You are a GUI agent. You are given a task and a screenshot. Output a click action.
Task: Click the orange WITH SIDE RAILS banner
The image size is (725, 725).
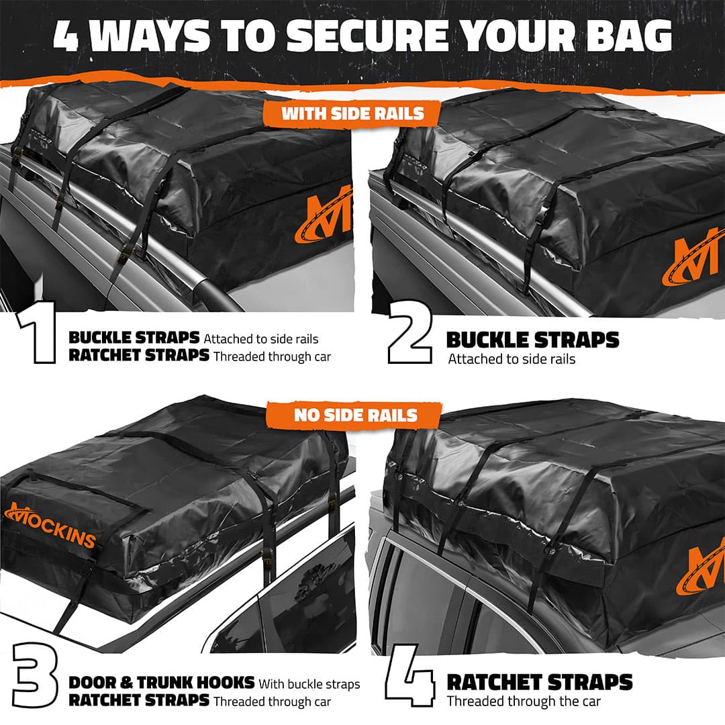coord(352,113)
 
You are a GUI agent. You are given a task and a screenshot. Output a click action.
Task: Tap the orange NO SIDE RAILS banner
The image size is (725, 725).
coord(355,415)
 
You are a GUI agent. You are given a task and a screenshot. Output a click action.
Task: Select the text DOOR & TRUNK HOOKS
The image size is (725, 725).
coord(161,683)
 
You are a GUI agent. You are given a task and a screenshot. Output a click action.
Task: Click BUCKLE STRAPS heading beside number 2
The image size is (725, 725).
coord(532,340)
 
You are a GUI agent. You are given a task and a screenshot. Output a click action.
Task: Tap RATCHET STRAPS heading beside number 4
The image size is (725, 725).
coord(539,683)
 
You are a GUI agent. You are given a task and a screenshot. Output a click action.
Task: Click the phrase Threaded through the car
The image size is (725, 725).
coord(524,702)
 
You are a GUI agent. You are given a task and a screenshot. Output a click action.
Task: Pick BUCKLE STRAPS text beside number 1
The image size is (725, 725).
coord(134,338)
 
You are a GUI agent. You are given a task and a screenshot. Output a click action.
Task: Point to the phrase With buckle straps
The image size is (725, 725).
coord(309,684)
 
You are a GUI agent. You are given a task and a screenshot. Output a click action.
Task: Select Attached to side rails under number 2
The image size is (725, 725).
coord(512,359)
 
